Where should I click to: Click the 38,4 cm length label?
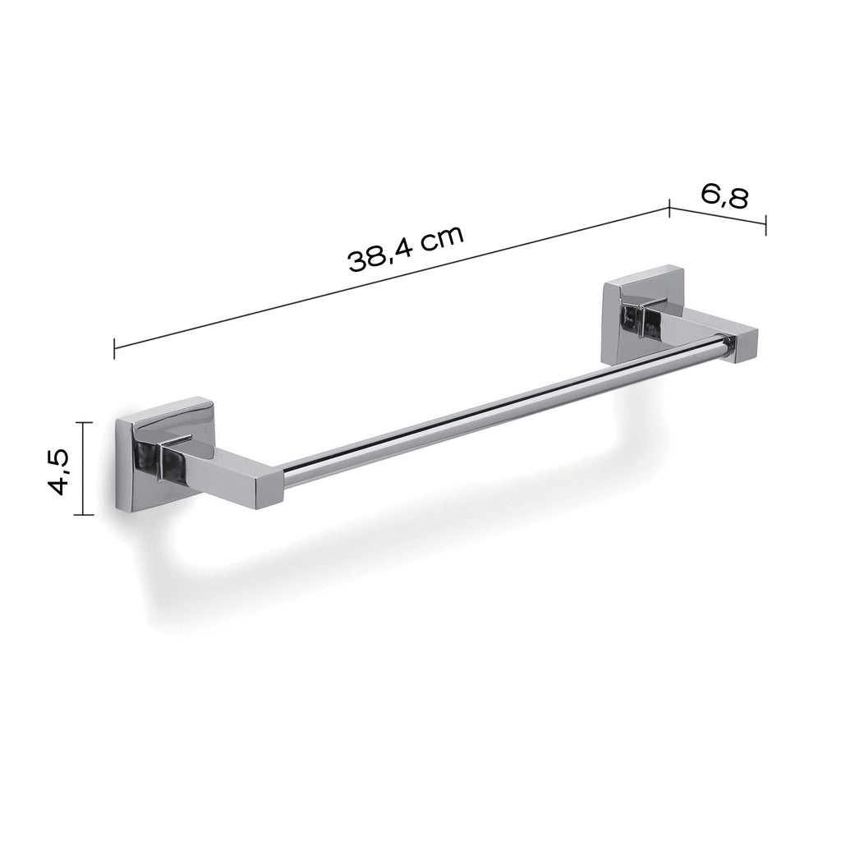click(x=407, y=248)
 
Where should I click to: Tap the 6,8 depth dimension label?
click(x=724, y=196)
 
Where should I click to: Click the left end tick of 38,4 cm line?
click(x=114, y=349)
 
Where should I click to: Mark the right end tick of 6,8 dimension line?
click(x=765, y=225)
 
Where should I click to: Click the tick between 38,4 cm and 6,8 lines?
click(x=670, y=207)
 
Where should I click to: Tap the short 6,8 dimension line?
click(x=718, y=216)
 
